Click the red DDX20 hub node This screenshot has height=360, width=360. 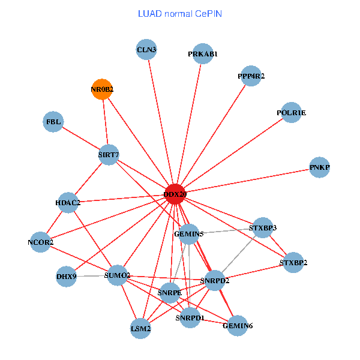[175, 194]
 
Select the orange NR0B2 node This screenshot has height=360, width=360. [102, 89]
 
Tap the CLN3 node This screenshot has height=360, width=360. [146, 50]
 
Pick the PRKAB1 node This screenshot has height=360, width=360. [203, 54]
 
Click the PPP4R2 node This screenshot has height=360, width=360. [251, 76]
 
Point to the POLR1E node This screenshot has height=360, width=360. [291, 112]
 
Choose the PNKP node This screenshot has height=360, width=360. [320, 167]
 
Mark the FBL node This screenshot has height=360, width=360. [53, 122]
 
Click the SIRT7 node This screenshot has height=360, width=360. [109, 155]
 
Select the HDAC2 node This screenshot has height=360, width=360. [68, 202]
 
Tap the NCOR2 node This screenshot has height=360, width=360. [40, 242]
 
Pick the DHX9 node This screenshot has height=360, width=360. [66, 277]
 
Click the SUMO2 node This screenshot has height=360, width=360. [117, 275]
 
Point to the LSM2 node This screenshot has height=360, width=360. [140, 328]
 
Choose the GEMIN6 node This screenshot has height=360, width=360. [237, 326]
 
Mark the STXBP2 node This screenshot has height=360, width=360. [293, 263]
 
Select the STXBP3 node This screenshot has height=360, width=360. [262, 228]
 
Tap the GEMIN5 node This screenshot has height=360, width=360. [188, 233]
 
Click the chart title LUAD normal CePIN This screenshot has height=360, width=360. [180, 13]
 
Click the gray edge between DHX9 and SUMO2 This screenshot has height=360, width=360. [90, 276]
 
